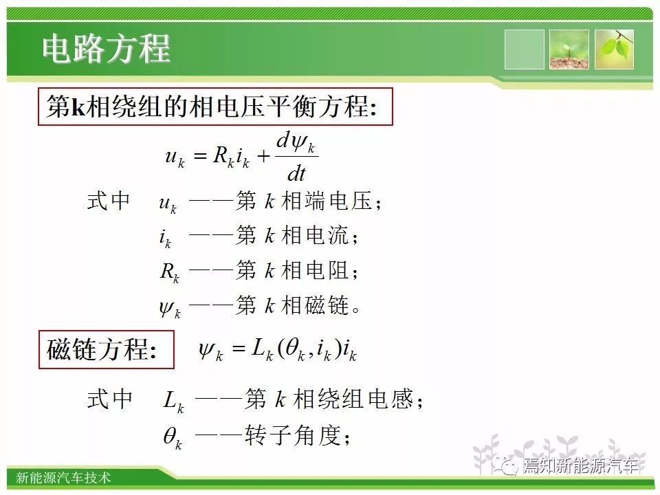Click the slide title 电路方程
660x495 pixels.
point(106,49)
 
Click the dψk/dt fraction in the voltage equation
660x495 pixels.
point(297,156)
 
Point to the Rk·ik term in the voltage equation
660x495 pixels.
point(231,157)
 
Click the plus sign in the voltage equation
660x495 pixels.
point(263,157)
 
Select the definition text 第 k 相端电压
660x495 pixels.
point(304,201)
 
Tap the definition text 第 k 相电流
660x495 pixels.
point(293,235)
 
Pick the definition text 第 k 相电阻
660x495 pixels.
point(293,270)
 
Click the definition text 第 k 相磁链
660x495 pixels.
point(293,305)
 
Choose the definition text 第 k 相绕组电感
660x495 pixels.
point(329,399)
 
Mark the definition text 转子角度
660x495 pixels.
point(293,435)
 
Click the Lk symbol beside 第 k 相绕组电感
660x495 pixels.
point(173,401)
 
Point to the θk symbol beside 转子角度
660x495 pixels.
point(173,438)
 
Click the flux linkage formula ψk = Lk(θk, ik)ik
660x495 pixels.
point(278,351)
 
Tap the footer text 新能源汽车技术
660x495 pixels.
point(63,477)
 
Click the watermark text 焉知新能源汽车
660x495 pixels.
point(582,465)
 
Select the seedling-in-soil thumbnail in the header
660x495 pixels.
point(569,49)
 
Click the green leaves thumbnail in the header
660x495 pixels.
point(614,49)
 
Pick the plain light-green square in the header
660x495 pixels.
point(524,49)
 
